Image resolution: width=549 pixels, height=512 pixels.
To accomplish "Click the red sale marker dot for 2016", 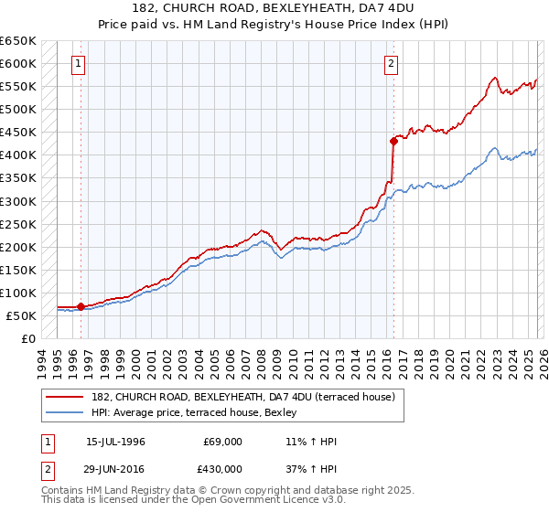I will click(x=393, y=141).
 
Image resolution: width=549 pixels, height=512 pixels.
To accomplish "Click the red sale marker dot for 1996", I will click(x=81, y=306).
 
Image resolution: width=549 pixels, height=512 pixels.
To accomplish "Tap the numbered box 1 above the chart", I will click(x=79, y=64).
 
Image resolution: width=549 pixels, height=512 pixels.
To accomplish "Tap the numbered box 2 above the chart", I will click(x=391, y=64).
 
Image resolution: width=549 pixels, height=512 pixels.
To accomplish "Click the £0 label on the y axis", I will click(x=27, y=338).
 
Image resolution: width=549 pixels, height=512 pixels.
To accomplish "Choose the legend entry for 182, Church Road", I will click(x=242, y=397).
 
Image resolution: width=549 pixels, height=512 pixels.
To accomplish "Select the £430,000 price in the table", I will click(x=222, y=469).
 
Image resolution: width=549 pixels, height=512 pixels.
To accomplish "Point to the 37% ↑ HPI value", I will click(x=311, y=469).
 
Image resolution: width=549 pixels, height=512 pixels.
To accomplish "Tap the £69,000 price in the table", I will click(x=222, y=442).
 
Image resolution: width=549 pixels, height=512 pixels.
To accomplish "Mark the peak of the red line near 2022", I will click(x=493, y=78).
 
